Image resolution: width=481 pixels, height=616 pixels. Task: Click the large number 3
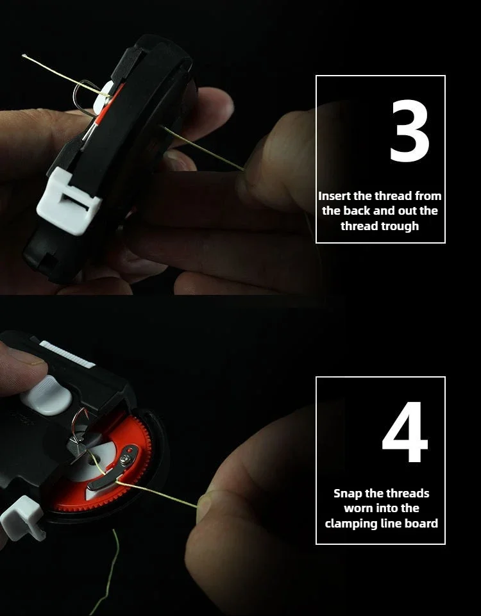point(409,131)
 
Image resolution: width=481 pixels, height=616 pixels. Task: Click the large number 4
point(405,432)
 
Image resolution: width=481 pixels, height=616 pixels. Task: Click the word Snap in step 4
point(348,494)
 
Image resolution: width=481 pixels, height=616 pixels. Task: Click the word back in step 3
point(357,211)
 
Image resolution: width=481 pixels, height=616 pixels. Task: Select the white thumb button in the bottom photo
point(46,395)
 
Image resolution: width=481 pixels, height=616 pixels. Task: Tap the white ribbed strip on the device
point(67,354)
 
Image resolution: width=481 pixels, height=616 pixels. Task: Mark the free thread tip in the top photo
point(24,56)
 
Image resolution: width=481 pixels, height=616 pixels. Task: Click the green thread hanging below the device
point(105,572)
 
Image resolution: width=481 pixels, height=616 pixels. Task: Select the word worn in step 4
point(359,508)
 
